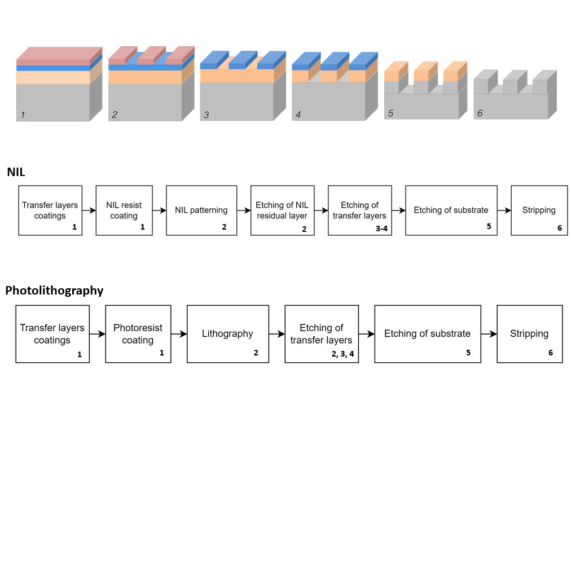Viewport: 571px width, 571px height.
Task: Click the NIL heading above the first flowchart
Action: click(x=16, y=172)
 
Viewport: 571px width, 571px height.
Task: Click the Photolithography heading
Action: click(x=54, y=291)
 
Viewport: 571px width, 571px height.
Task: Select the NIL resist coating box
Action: click(x=124, y=210)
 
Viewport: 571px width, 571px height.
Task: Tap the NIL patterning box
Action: click(x=201, y=210)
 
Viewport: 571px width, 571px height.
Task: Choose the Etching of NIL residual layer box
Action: click(x=282, y=210)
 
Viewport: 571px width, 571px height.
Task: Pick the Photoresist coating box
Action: click(x=138, y=334)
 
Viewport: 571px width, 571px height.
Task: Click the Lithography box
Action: click(x=227, y=334)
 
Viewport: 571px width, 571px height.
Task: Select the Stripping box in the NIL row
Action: click(x=539, y=210)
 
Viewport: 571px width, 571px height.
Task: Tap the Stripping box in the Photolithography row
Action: click(x=529, y=334)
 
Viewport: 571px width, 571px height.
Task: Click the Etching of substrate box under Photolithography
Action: click(x=427, y=334)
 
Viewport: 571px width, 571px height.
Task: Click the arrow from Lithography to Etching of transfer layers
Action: click(x=276, y=334)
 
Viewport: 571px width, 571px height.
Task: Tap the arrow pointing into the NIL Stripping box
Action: click(x=504, y=210)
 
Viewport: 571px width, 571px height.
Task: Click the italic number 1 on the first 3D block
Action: click(x=23, y=115)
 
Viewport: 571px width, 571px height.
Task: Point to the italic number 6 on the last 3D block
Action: click(x=480, y=113)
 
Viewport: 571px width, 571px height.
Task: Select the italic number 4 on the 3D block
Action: click(x=298, y=115)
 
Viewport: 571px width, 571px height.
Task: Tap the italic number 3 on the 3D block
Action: click(x=207, y=115)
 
